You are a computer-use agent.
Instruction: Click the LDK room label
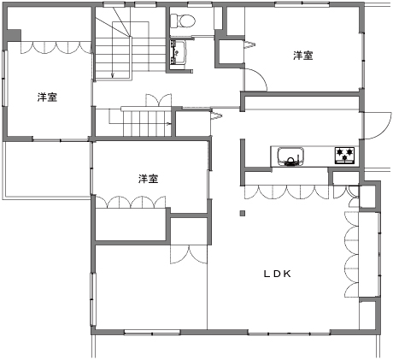pyautogui.click(x=277, y=274)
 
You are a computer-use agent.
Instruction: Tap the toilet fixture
pyautogui.click(x=183, y=21)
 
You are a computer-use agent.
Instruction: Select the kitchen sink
pyautogui.click(x=290, y=156)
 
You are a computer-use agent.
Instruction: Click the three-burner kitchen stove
pyautogui.click(x=344, y=156)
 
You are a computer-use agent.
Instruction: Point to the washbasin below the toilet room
pyautogui.click(x=178, y=52)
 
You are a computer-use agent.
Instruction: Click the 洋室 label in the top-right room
pyautogui.click(x=303, y=56)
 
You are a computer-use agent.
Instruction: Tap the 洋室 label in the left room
pyautogui.click(x=47, y=97)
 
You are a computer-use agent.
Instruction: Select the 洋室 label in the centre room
pyautogui.click(x=148, y=179)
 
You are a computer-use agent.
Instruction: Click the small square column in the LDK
pyautogui.click(x=243, y=213)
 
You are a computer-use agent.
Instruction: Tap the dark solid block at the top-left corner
pyautogui.click(x=14, y=35)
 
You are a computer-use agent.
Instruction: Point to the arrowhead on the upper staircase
pyautogui.click(x=113, y=75)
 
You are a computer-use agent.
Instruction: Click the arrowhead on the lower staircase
pyautogui.click(x=169, y=124)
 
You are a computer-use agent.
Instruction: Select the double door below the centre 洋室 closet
pyautogui.click(x=189, y=255)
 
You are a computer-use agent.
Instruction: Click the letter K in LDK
pyautogui.click(x=287, y=274)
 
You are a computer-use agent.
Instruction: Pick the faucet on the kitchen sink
pyautogui.click(x=290, y=162)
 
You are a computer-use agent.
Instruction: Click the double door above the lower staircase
pyautogui.click(x=159, y=100)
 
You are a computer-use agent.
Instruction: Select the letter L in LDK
pyautogui.click(x=267, y=274)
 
